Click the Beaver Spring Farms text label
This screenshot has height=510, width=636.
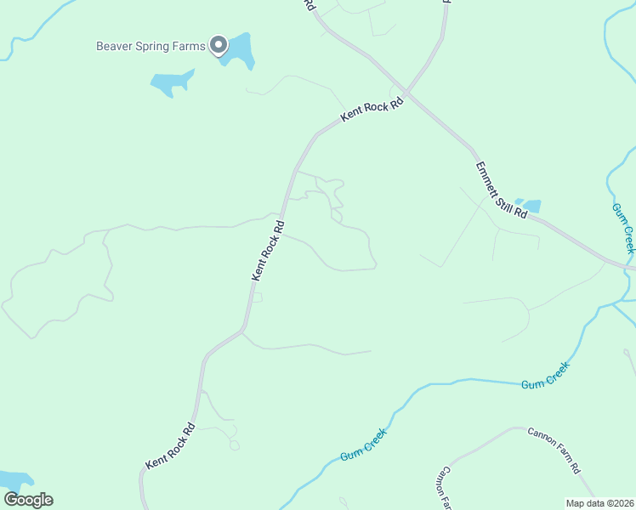click(x=150, y=46)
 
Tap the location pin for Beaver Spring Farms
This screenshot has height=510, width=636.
click(x=219, y=44)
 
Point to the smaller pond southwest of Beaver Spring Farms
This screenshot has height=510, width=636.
click(x=171, y=82)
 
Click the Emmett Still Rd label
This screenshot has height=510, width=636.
click(x=502, y=192)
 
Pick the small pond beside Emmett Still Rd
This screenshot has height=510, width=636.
click(x=531, y=205)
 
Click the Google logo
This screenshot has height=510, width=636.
click(x=28, y=500)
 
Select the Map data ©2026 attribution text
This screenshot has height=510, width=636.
click(x=600, y=502)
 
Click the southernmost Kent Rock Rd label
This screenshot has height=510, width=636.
click(x=171, y=446)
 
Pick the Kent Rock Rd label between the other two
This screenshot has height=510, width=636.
click(x=268, y=251)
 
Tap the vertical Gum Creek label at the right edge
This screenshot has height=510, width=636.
click(x=623, y=227)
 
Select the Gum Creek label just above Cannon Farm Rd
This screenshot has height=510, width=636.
click(x=544, y=377)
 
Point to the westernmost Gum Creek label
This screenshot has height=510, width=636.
click(x=364, y=445)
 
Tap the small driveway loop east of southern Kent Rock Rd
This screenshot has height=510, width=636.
click(x=234, y=445)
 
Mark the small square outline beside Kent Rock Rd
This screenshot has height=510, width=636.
click(x=258, y=297)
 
